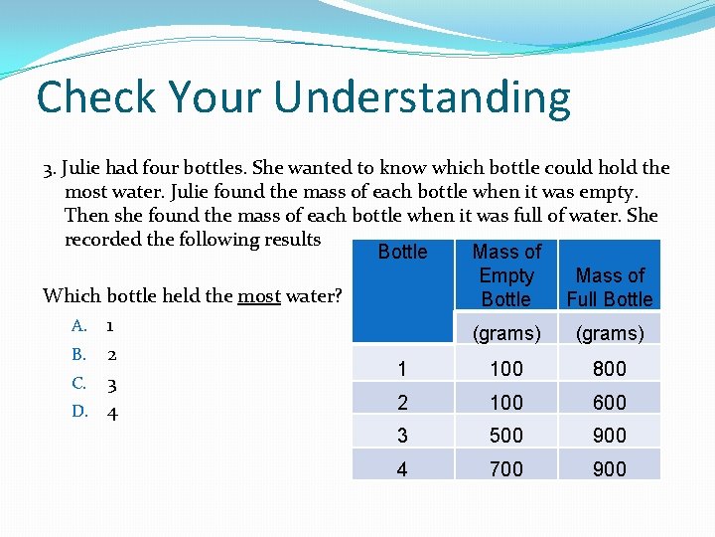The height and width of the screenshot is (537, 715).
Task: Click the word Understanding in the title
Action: point(422,97)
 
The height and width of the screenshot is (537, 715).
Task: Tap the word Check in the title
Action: point(96,97)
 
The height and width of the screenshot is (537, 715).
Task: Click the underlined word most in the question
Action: point(259,295)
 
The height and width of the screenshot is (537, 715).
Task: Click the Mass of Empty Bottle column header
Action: point(506,275)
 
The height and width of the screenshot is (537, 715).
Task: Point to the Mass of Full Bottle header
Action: point(610,286)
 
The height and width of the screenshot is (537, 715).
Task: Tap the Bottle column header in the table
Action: point(402,253)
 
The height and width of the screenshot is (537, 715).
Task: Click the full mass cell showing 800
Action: point(610,369)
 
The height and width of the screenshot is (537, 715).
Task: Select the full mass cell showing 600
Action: point(610,403)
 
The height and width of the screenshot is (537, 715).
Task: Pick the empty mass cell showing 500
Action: point(506,436)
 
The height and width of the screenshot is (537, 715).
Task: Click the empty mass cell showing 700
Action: point(506,468)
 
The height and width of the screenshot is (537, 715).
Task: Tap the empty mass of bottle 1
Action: point(506,369)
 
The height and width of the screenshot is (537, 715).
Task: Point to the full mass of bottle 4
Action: point(610,468)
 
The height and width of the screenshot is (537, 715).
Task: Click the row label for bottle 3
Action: point(401,436)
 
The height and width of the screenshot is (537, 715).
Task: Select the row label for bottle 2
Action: point(401,403)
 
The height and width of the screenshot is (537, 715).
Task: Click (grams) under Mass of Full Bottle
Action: point(610,333)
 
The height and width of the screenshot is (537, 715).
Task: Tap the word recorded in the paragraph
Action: point(102,239)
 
